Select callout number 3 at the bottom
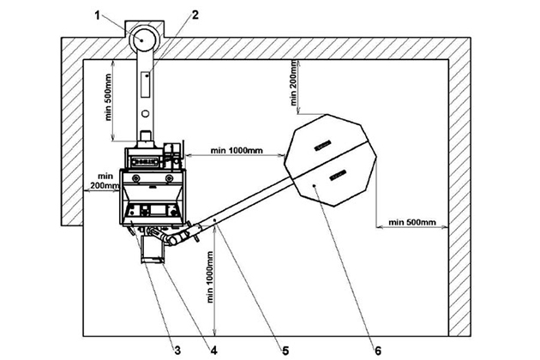point(177,349)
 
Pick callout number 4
point(213,349)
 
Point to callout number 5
point(286,349)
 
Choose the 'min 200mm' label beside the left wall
point(102,179)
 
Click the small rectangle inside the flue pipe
point(146,87)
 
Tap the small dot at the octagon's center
point(316,183)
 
